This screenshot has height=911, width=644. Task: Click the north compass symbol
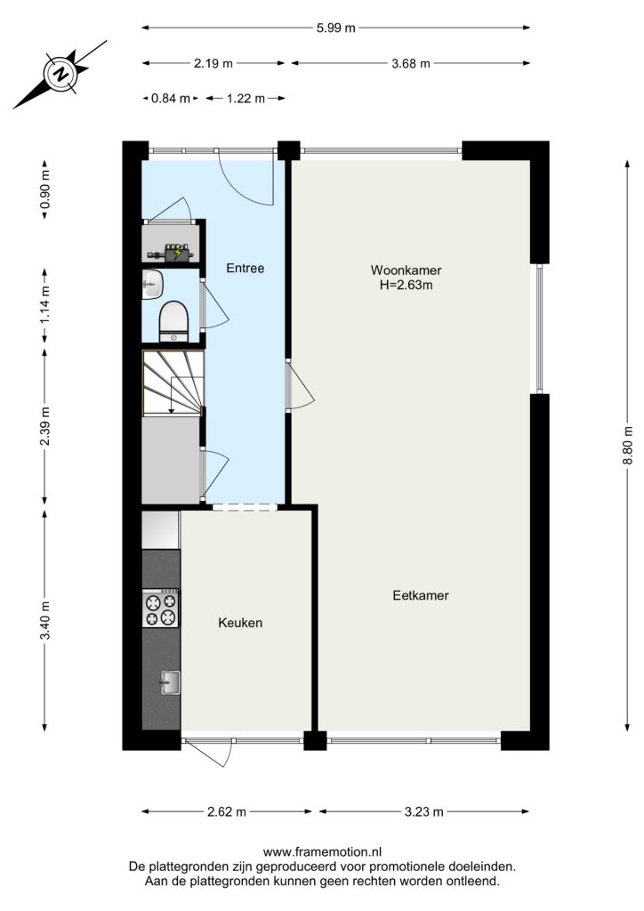[60, 74]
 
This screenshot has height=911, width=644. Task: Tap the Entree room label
[245, 269]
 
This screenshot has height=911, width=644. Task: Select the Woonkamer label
[406, 270]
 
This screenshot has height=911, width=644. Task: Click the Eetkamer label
[421, 595]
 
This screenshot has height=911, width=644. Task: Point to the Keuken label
[240, 623]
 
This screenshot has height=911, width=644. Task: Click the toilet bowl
[173, 321]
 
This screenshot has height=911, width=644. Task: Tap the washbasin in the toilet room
[152, 285]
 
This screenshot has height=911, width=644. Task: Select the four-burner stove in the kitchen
[161, 609]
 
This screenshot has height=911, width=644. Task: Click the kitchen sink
[170, 682]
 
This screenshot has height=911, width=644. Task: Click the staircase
[173, 383]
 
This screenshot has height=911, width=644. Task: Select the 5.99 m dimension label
[335, 28]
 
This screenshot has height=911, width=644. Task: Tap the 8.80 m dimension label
[628, 445]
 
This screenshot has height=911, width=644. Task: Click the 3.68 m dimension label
[411, 63]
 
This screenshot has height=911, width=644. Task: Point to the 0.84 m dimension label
[171, 99]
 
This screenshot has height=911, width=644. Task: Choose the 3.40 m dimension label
[45, 620]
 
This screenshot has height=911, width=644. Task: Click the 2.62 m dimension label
[227, 811]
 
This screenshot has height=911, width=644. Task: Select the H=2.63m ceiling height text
[406, 286]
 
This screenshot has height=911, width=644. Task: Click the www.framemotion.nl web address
[322, 852]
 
